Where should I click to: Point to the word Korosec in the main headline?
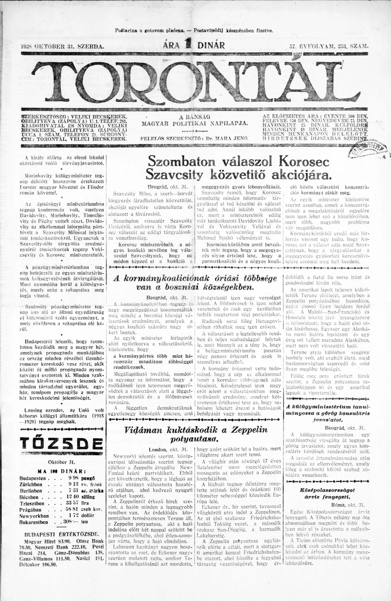point(304,162)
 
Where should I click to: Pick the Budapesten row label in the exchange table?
point(33,478)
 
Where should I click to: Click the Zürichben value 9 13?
point(73,484)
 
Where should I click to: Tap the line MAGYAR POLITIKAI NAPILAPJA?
point(195,124)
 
